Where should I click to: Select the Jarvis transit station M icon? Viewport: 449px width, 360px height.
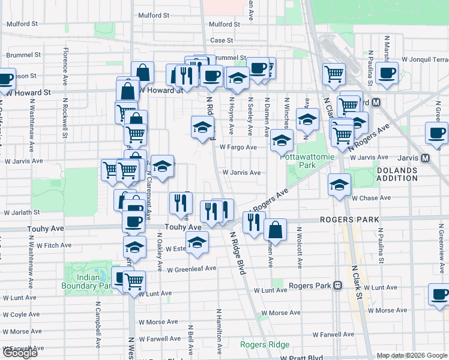pyautogui.click(x=426, y=158)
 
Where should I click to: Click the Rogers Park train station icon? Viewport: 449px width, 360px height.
pyautogui.click(x=338, y=286)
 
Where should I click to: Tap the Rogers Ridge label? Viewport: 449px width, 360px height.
pyautogui.click(x=265, y=344)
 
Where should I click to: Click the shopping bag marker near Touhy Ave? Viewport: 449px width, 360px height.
pyautogui.click(x=275, y=229)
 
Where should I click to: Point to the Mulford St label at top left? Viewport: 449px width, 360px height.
pyautogui.click(x=22, y=24)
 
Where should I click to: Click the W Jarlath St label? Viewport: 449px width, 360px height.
pyautogui.click(x=22, y=212)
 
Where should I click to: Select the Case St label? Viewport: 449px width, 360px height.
pyautogui.click(x=221, y=40)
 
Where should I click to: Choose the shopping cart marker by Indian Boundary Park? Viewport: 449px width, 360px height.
pyautogui.click(x=134, y=280)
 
